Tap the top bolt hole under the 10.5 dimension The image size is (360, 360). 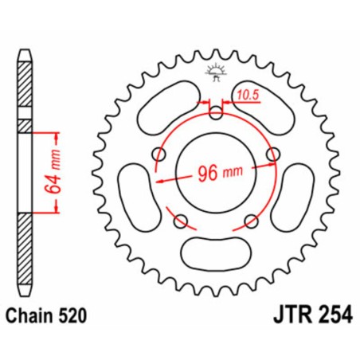[217, 114]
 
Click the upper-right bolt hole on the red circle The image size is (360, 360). [273, 153]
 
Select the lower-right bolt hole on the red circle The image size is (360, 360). [252, 221]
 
